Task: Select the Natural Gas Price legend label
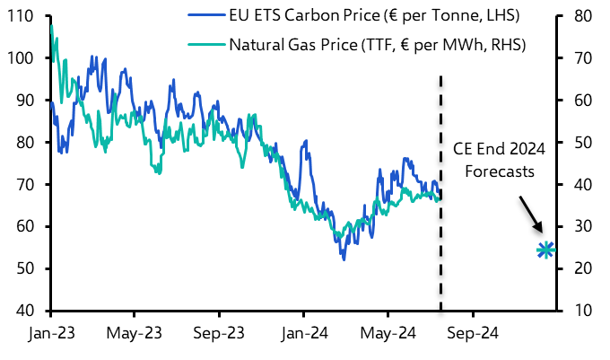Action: (377, 44)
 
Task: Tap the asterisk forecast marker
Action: (546, 250)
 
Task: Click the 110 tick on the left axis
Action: (24, 16)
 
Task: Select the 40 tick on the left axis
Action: (28, 311)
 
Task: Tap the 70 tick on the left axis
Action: (28, 185)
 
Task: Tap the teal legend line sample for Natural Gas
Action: (205, 44)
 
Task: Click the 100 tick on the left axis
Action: (24, 58)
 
